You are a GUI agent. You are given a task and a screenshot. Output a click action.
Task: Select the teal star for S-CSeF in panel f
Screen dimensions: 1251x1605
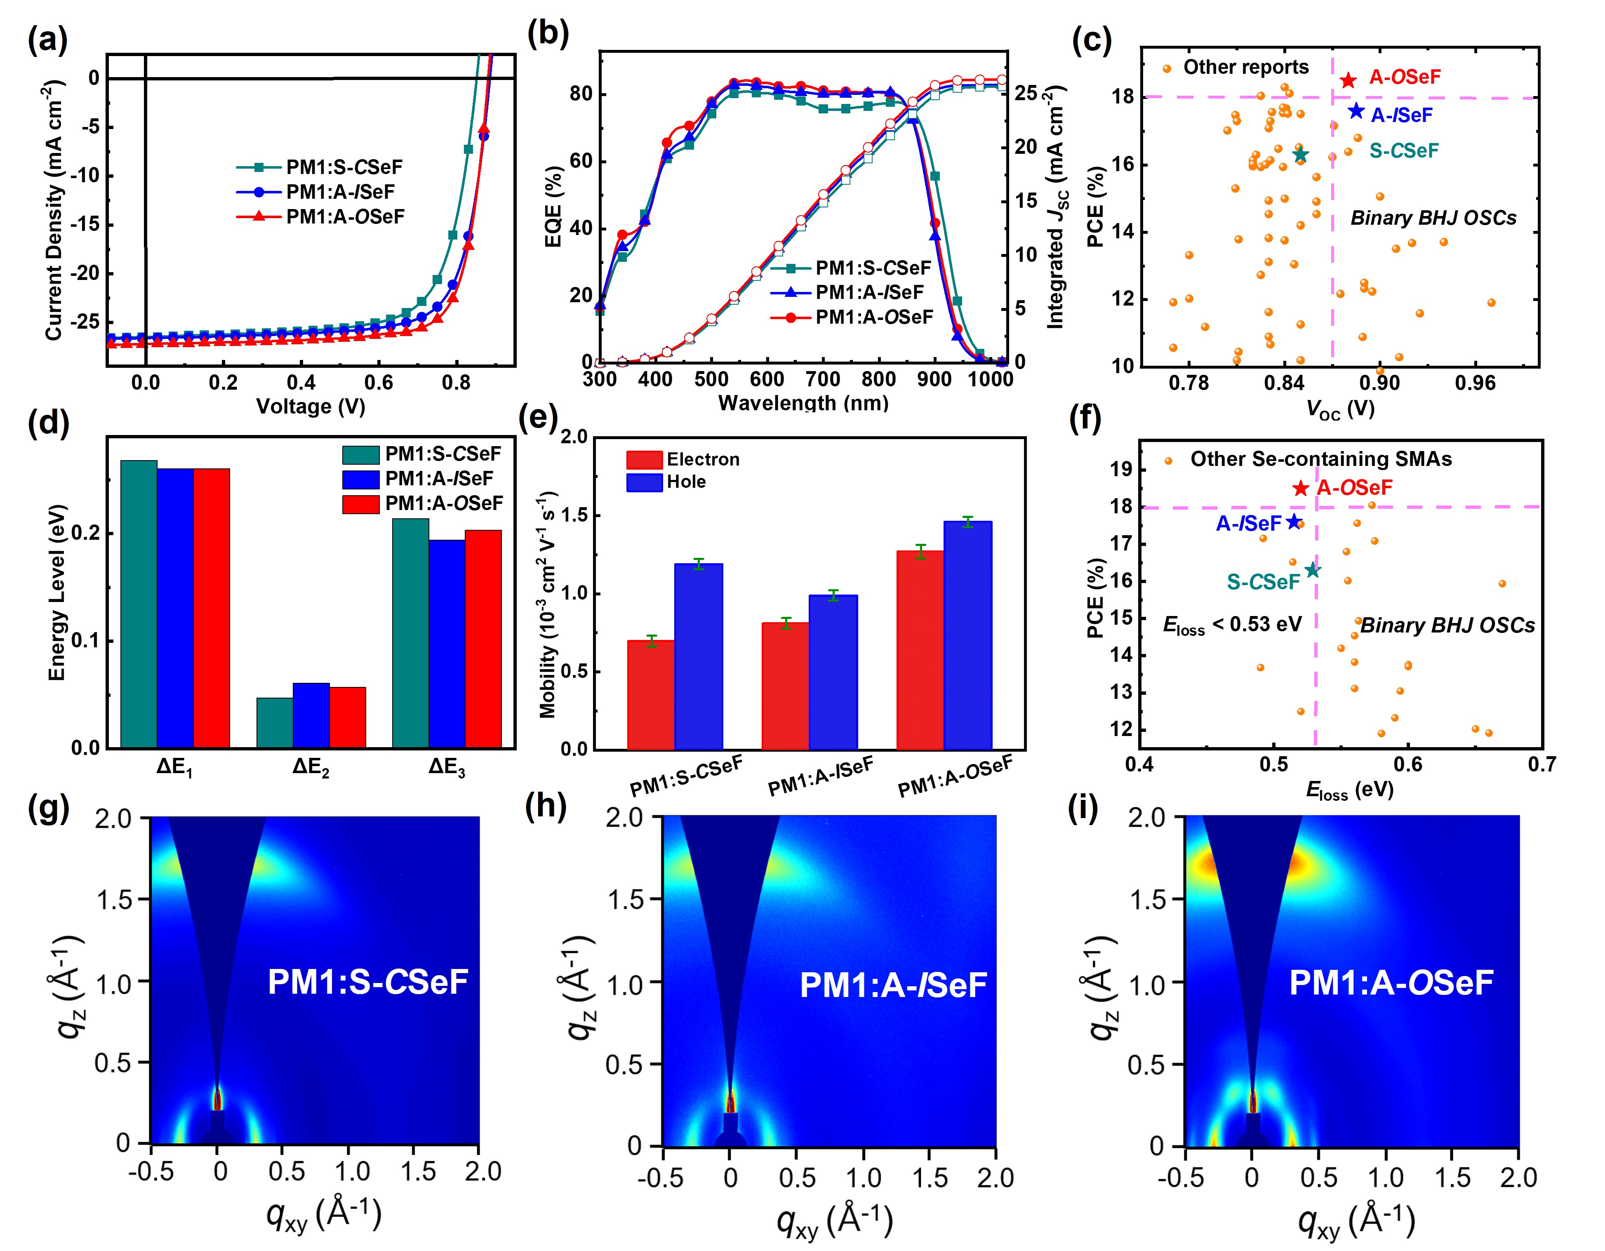pos(1313,570)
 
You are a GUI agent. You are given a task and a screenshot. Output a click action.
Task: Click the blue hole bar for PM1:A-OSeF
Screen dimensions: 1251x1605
pos(968,635)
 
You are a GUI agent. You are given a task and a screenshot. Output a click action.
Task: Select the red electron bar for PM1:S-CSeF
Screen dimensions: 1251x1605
pos(650,694)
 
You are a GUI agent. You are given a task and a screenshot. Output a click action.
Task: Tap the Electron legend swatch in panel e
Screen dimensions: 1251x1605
pos(645,460)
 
